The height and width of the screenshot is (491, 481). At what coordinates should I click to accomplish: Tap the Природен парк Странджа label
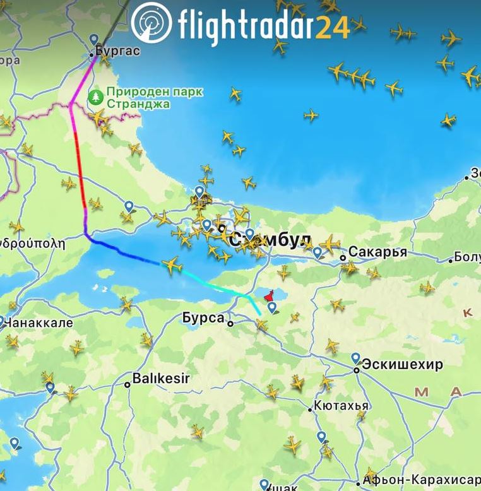(155, 97)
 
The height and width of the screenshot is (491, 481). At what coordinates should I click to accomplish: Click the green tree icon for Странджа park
(95, 97)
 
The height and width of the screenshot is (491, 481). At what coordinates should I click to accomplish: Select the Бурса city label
(203, 318)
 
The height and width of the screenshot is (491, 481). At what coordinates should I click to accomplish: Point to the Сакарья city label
(377, 252)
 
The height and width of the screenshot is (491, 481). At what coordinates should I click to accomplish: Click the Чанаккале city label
(39, 323)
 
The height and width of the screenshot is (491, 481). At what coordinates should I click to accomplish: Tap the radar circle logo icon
(151, 23)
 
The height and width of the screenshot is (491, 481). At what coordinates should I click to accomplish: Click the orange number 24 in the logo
(333, 27)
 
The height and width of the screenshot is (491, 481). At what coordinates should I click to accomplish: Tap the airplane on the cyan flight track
(172, 265)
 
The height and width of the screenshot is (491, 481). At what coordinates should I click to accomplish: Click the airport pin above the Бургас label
(95, 39)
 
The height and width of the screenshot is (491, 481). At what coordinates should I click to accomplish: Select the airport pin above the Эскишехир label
(356, 358)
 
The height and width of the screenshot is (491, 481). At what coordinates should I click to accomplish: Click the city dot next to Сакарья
(343, 257)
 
